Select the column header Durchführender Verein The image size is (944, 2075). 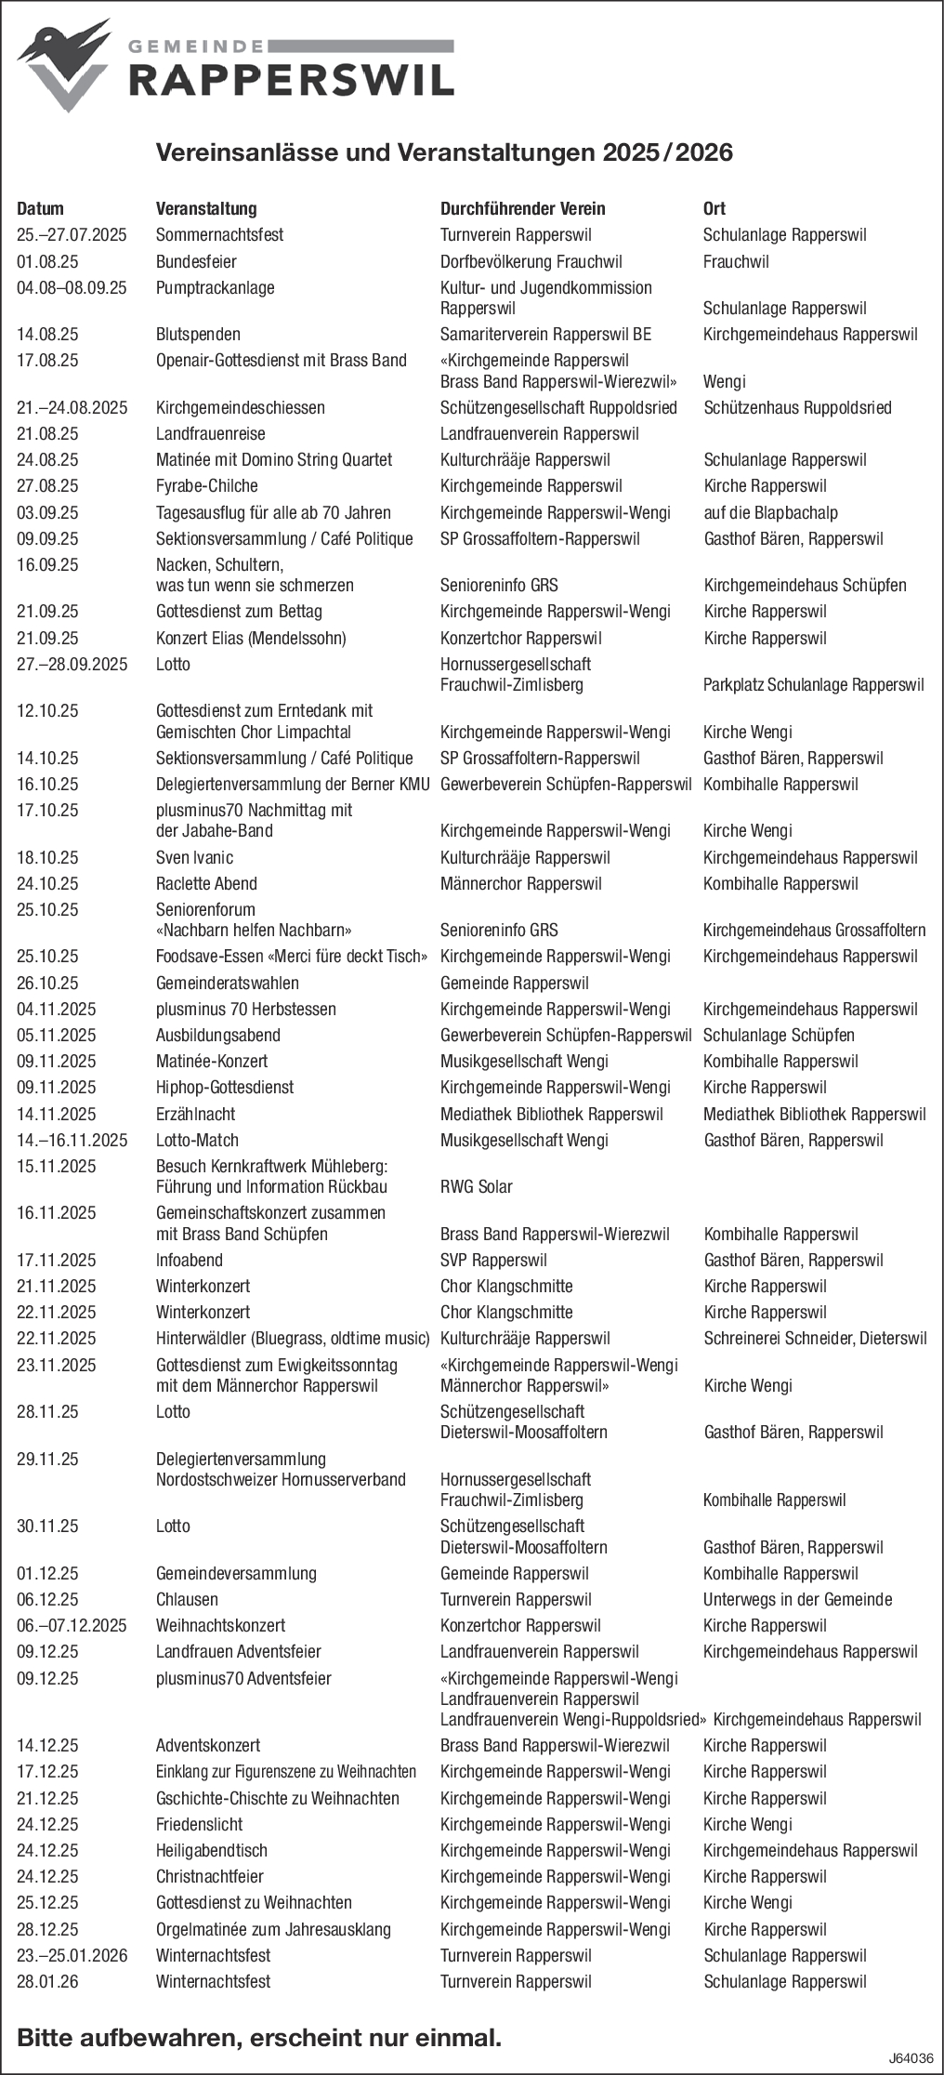(x=522, y=208)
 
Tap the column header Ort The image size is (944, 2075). (x=714, y=208)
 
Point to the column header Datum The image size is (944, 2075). (x=41, y=208)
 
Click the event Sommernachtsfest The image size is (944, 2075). (x=219, y=235)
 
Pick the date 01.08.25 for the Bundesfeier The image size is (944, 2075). (x=47, y=261)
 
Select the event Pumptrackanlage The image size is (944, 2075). (x=215, y=288)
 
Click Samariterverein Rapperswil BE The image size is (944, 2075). (x=545, y=334)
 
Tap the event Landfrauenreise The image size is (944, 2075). (x=210, y=433)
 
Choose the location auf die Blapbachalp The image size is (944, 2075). (x=770, y=512)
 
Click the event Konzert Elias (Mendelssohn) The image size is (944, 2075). (x=251, y=638)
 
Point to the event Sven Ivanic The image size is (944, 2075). (x=194, y=857)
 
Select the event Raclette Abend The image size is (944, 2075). (x=206, y=883)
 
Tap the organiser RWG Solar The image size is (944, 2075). (x=476, y=1186)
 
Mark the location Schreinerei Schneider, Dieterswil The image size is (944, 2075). (x=815, y=1338)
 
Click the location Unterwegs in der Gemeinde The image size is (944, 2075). (x=797, y=1599)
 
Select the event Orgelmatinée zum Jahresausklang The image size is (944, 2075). (x=273, y=1929)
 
